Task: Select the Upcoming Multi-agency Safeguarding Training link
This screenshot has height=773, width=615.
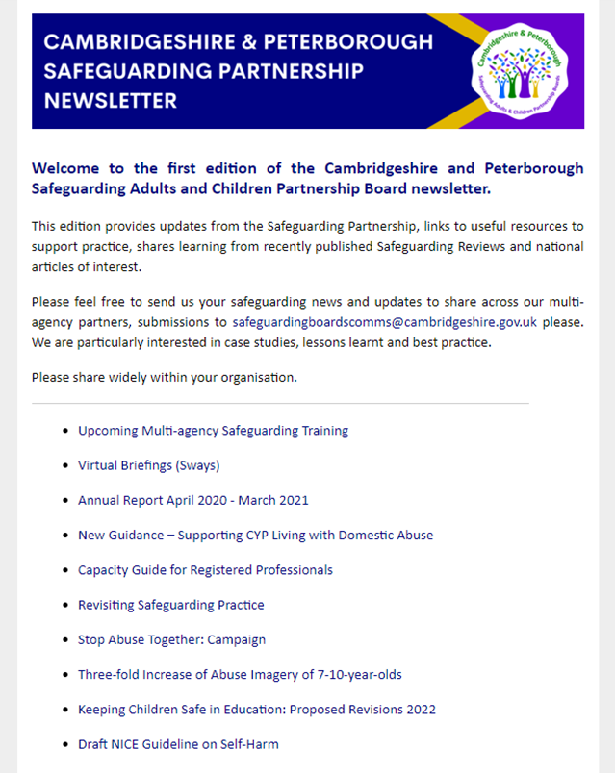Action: [x=213, y=431]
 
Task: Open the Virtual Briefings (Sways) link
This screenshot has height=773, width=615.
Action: [x=148, y=465]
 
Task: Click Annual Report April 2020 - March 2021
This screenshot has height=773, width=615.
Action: [x=192, y=500]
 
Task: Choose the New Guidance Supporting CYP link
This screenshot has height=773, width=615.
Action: [x=255, y=535]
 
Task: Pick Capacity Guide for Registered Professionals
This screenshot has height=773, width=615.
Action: [x=205, y=570]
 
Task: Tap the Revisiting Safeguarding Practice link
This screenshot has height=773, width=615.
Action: [x=170, y=605]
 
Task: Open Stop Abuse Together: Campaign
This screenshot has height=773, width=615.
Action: [x=171, y=639]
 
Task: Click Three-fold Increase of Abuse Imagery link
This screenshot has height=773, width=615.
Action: [x=240, y=675]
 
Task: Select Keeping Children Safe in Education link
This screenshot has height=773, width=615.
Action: [x=256, y=710]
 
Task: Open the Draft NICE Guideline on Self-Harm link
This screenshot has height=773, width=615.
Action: [x=178, y=744]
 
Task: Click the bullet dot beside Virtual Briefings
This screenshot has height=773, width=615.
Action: [x=64, y=466]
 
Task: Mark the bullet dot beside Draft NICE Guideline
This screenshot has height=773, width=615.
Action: [x=64, y=745]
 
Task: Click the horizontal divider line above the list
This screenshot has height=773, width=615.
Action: [x=280, y=403]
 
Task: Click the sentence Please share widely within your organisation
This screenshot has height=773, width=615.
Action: [x=164, y=377]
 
